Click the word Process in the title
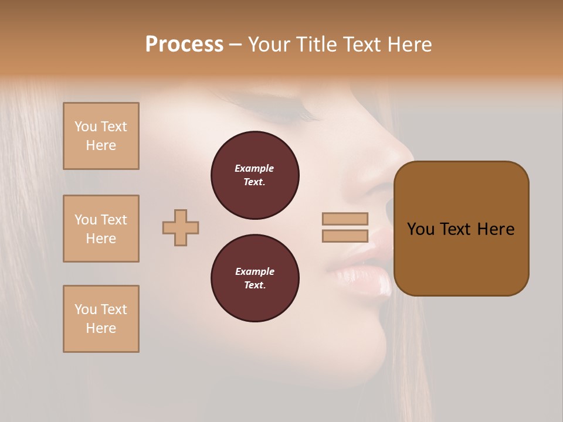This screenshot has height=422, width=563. [184, 45]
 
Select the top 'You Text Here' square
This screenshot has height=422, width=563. [101, 136]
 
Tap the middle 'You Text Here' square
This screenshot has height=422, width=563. [101, 229]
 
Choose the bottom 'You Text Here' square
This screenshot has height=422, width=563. [101, 319]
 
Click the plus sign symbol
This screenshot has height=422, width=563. [181, 227]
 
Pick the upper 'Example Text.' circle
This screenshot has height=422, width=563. [255, 175]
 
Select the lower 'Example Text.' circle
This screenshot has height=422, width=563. [255, 278]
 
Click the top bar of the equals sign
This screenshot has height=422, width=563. [345, 219]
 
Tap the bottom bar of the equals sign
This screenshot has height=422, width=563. [345, 236]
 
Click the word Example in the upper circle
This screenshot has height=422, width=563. [254, 168]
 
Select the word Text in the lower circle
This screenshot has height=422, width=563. [254, 285]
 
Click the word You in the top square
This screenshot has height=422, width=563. [86, 127]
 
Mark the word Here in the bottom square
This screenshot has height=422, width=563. [101, 328]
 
